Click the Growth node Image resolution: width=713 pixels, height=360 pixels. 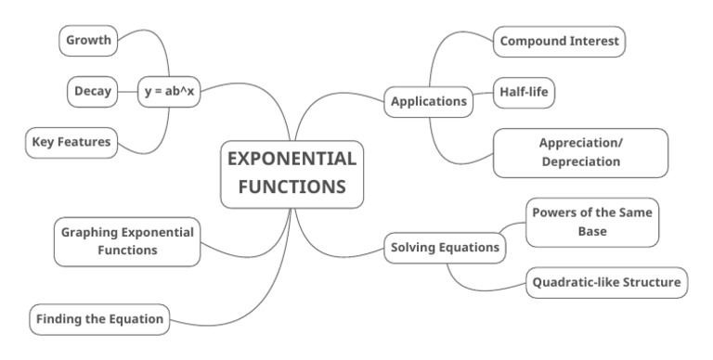pos(88,41)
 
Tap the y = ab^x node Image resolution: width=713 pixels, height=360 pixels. pos(170,91)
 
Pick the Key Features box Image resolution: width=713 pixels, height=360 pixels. pos(71,141)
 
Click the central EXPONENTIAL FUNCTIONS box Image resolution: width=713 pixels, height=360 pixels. pos(292,174)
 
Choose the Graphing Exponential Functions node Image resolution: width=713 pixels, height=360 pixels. pos(128,240)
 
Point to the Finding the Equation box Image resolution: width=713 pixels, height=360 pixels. pos(100,320)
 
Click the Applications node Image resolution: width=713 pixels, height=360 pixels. pos(428,100)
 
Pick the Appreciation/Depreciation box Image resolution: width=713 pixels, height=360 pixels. pos(579,152)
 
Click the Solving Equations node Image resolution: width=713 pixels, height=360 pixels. pos(445,247)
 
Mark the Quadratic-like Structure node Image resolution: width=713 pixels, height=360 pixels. pos(607,282)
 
